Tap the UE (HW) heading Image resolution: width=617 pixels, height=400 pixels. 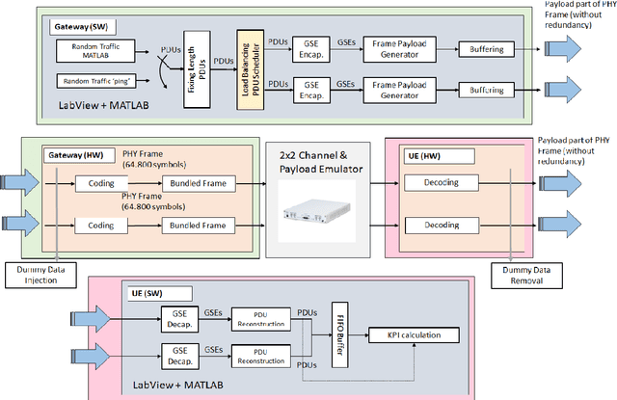(x=422, y=154)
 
